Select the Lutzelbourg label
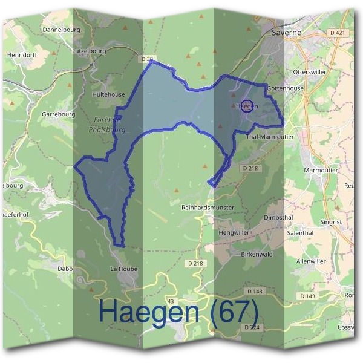89,51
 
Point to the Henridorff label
22,54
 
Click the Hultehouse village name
108,94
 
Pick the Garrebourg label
58,114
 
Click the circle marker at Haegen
246,106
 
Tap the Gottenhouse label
285,88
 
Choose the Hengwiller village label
234,232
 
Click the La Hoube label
124,269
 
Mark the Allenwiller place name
311,261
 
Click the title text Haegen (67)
178,312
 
